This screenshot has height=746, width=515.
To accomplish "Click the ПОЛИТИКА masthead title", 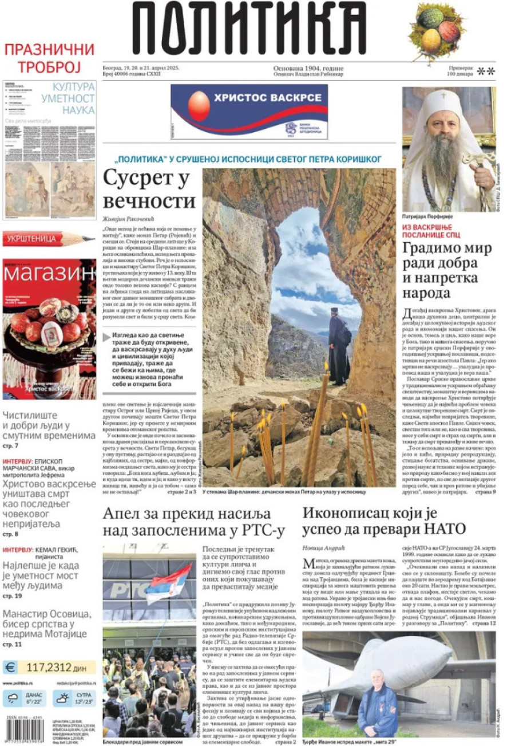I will pyautogui.click(x=249, y=29).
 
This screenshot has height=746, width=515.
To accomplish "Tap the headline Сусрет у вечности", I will pyautogui.click(x=149, y=190).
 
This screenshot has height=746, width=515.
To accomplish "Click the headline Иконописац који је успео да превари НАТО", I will pyautogui.click(x=384, y=520).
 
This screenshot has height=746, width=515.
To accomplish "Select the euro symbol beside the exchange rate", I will pyautogui.click(x=10, y=667).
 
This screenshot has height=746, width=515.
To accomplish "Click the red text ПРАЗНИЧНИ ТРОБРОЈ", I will pyautogui.click(x=49, y=58).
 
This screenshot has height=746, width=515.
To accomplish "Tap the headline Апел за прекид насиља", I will pyautogui.click(x=193, y=521).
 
